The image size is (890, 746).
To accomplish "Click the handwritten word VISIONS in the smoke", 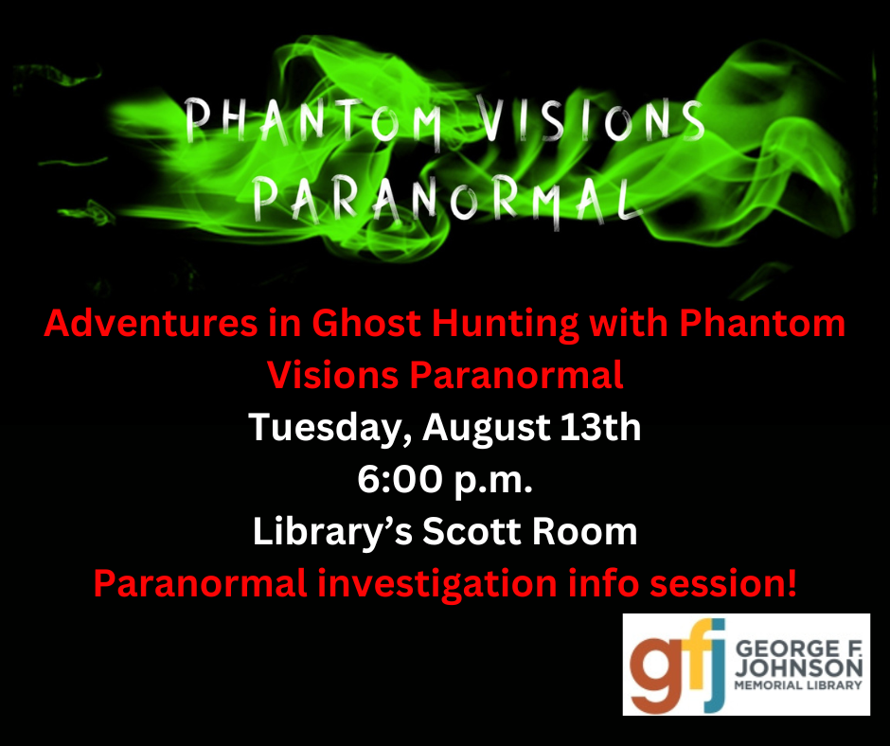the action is tap(590, 120).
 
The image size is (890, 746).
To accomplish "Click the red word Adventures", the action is tap(151, 323).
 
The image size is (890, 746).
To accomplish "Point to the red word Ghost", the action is tap(366, 323).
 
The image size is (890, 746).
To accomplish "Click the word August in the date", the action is tap(487, 429).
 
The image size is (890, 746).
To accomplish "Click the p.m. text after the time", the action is tap(493, 482).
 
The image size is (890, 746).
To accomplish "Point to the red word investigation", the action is tap(437, 585).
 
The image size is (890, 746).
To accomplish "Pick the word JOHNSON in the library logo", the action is tap(798, 668).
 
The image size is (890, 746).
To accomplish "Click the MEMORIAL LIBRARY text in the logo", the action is tap(798, 685).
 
